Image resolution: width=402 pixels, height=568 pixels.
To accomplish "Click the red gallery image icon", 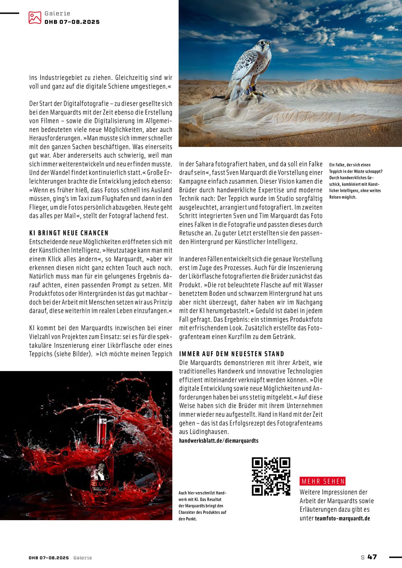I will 35,18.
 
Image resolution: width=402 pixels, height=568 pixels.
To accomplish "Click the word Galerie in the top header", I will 57,13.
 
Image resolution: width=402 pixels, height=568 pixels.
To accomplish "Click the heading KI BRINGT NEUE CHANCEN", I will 69,233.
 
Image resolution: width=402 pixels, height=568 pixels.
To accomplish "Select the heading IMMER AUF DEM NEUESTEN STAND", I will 232,354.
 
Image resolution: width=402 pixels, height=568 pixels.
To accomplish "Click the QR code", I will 271,476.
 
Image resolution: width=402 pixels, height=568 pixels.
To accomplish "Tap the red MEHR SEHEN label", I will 323,481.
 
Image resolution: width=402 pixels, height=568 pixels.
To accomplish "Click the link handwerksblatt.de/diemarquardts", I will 219,440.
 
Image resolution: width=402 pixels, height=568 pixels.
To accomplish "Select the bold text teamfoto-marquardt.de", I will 342,518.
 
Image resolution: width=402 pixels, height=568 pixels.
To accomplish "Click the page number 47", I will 372,557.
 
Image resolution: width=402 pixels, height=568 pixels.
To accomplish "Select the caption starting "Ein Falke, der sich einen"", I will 356,181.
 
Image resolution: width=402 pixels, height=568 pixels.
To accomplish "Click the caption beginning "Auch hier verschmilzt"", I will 203,506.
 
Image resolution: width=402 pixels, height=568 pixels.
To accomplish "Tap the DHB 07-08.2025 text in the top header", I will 72,22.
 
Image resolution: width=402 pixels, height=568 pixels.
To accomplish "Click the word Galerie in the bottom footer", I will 82,558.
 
